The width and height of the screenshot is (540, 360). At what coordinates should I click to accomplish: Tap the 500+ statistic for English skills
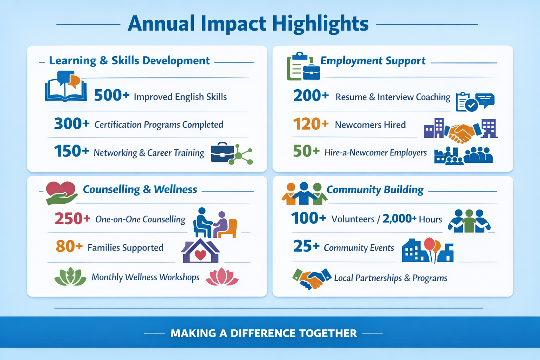coord(112,96)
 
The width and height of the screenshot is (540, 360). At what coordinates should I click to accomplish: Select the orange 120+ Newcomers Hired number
coord(311,124)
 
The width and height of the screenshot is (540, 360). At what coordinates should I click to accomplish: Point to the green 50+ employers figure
coord(306,151)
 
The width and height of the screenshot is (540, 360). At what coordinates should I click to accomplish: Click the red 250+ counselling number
coord(72,218)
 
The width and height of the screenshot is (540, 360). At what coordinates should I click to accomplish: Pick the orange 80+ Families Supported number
coord(69,246)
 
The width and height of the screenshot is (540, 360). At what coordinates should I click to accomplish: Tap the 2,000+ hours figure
coord(399,218)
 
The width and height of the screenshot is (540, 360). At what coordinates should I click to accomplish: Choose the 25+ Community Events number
coord(307,246)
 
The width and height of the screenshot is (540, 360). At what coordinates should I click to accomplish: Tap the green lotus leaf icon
coord(70,277)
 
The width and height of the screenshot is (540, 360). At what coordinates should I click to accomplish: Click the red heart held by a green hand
coord(61,189)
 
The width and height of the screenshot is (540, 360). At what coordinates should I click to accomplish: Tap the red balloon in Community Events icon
coord(429,244)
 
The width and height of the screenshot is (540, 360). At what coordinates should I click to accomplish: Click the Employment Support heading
coord(373,60)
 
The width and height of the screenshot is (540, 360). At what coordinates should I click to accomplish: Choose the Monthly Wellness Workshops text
coord(145,277)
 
